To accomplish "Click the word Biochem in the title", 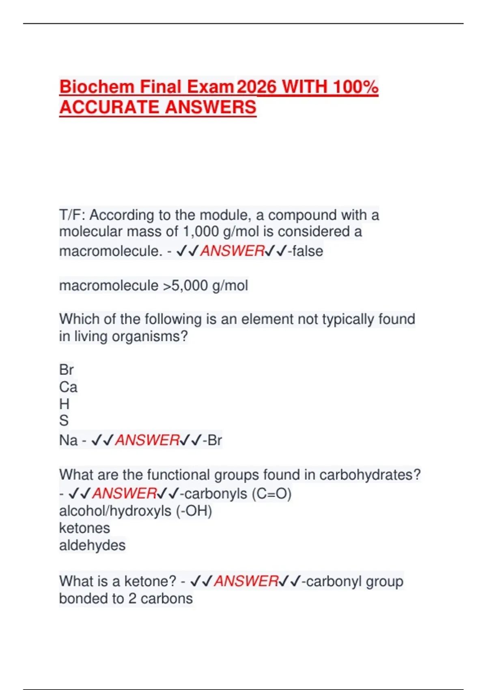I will pos(97,87).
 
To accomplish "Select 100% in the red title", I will pos(356,87).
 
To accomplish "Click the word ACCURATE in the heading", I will pos(110,107).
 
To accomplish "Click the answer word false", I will pos(308,251).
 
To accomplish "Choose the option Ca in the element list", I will pos(68,387).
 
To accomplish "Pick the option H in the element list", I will pos(64,404).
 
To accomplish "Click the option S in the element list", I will pos(64,421).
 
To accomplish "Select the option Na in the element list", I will pos(68,440).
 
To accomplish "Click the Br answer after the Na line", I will pos(215,440).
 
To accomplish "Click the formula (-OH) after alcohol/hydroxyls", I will pos(194,511).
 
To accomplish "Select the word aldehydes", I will pos(92,545).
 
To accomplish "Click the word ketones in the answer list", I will pos(84,528).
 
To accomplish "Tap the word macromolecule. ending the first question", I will pos(111,251).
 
